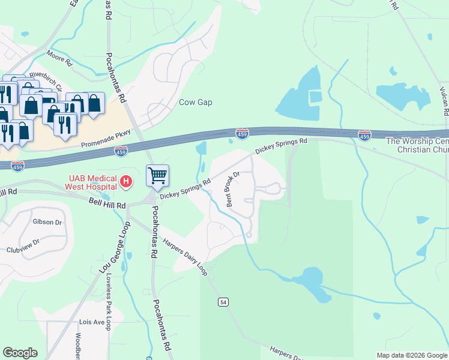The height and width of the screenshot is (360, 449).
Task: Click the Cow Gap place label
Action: pyautogui.click(x=196, y=102)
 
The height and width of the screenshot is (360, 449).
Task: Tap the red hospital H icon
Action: pyautogui.click(x=126, y=181)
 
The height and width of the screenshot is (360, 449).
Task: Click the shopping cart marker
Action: pyautogui.click(x=157, y=176)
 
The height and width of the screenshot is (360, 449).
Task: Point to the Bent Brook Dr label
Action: pyautogui.click(x=232, y=188)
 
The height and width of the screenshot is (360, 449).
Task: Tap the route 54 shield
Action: pyautogui.click(x=223, y=302)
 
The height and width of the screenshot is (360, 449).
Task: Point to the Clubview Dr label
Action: pyautogui.click(x=23, y=242)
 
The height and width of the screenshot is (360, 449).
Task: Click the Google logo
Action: pyautogui.click(x=20, y=353)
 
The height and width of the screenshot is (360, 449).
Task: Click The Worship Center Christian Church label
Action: pyautogui.click(x=417, y=145)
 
